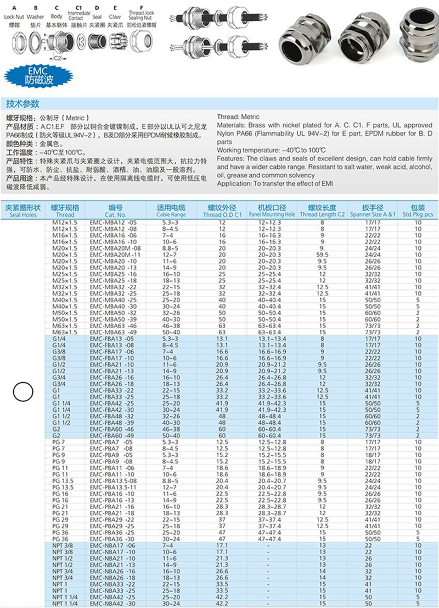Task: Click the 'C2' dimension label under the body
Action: point(57,57)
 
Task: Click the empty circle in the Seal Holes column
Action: point(21,391)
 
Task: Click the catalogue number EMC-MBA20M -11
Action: point(115,255)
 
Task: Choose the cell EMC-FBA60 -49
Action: point(112,436)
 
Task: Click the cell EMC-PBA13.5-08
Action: point(114,480)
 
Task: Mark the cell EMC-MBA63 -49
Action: point(112,333)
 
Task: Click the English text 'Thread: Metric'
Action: point(238,117)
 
